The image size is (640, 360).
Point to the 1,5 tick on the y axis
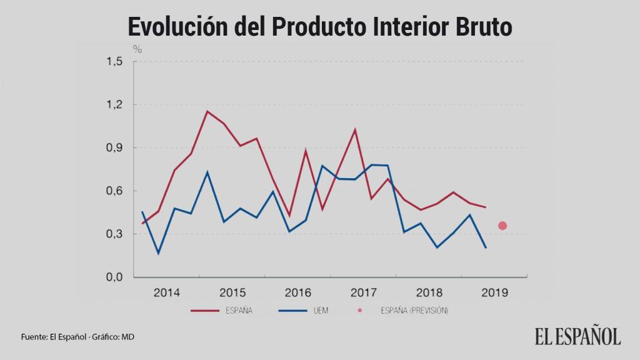click(114, 61)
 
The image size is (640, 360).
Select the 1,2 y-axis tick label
click(114, 104)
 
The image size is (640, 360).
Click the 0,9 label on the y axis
click(114, 148)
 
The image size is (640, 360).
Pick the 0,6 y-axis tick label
click(114, 191)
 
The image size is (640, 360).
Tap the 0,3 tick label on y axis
click(114, 234)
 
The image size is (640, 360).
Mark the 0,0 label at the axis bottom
click(114, 277)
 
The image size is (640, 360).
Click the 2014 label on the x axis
click(167, 292)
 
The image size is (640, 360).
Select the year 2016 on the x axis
click(298, 292)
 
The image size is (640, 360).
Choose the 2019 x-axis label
click(495, 292)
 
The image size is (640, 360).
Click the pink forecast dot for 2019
click(502, 226)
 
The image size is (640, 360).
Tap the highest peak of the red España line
click(207, 111)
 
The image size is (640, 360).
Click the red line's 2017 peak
click(355, 129)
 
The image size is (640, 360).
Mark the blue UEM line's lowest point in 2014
click(158, 253)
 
